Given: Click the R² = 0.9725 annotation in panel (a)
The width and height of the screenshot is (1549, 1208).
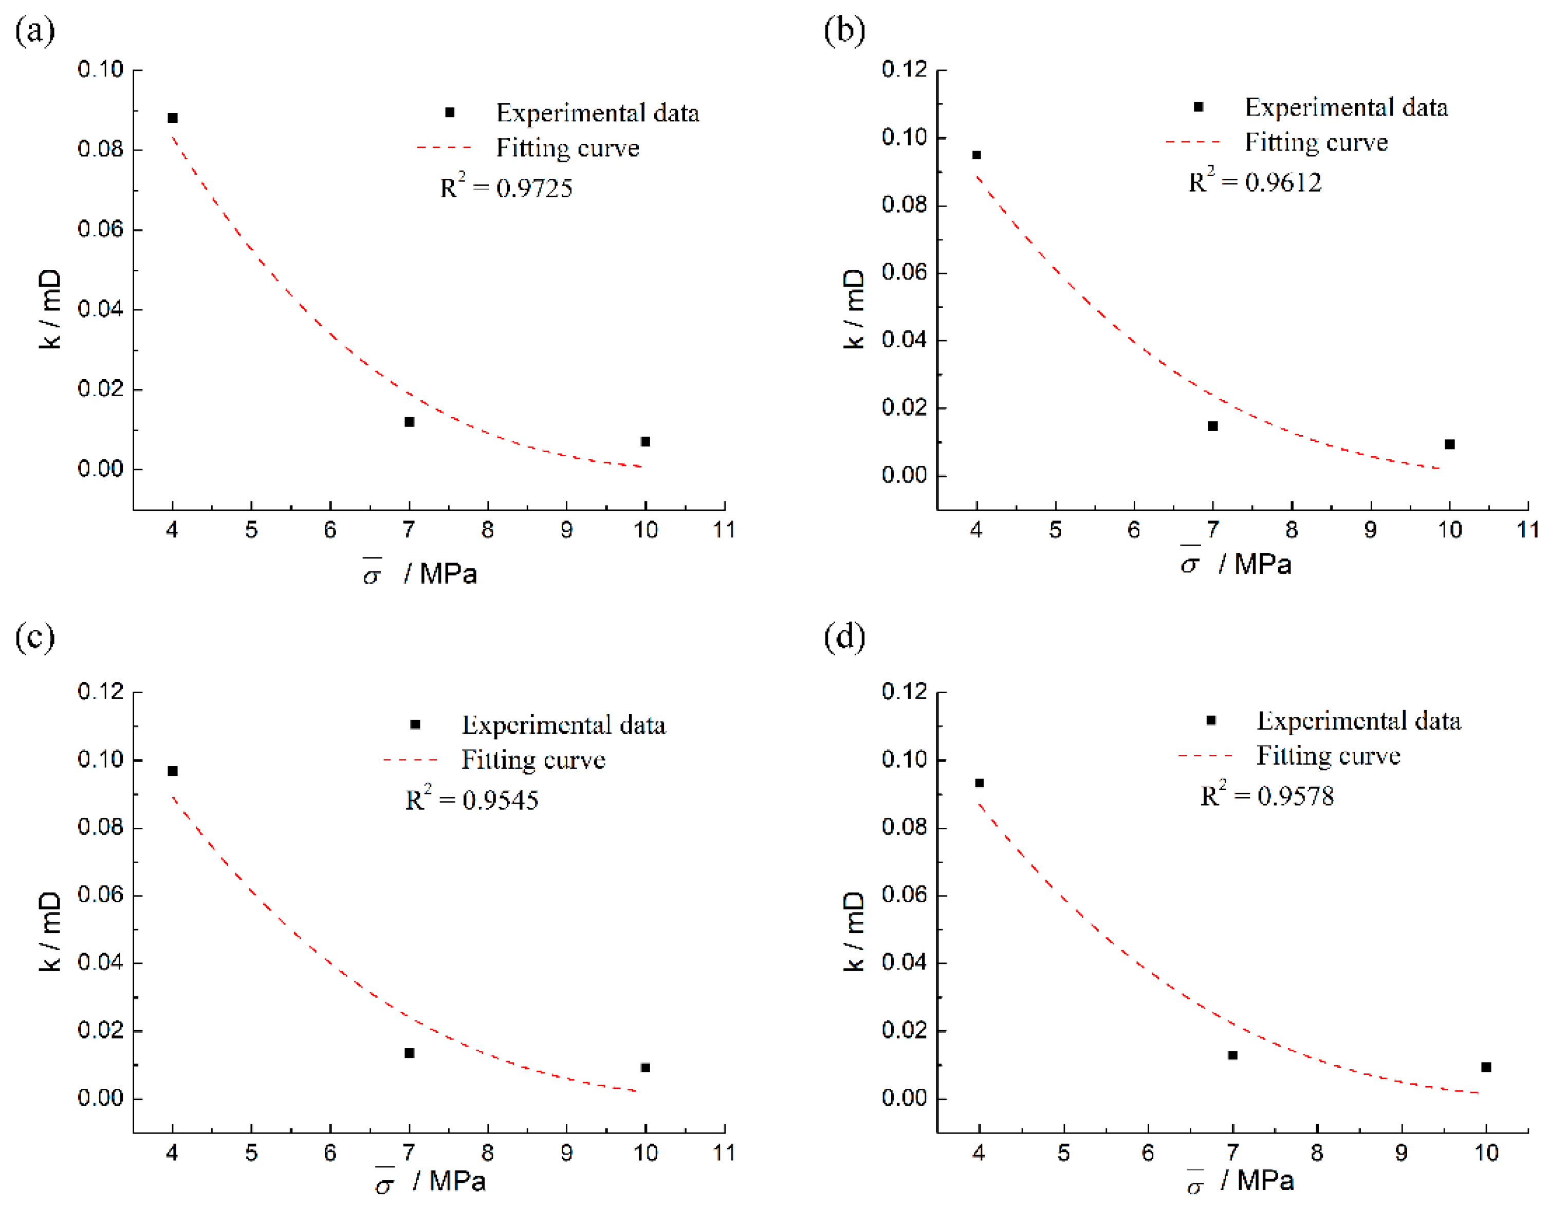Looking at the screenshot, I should coord(506,187).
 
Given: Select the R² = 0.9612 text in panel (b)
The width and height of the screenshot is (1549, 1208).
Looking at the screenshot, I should coord(1255,181).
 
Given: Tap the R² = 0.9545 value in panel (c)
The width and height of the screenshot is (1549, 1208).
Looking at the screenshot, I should coord(472,799).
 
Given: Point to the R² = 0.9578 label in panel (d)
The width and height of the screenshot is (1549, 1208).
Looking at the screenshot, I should coord(1267,795).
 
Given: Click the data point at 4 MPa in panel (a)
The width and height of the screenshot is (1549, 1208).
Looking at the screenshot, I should coord(172,118).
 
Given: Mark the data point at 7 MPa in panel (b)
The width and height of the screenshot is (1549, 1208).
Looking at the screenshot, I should coord(1213,426).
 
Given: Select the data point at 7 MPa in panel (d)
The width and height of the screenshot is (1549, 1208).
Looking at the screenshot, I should coord(1233,1055).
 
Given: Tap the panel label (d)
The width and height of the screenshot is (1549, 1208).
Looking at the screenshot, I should coord(844,636).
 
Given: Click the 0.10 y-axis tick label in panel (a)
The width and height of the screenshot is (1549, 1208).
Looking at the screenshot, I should coord(100,69).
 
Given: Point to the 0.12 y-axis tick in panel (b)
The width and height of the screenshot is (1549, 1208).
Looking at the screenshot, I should coord(905,69).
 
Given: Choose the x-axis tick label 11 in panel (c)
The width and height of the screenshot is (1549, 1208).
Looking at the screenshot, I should coord(724,1153).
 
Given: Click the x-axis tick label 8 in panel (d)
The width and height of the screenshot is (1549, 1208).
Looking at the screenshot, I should coord(1317,1153).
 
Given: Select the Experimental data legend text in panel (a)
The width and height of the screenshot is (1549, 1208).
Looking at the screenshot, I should coord(597,113).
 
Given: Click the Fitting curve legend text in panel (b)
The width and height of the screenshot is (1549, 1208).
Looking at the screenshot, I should coord(1316,142).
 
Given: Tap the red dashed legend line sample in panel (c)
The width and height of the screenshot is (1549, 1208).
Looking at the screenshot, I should coord(411,760).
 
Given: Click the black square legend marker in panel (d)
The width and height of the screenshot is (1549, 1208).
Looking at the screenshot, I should coord(1211,720).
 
